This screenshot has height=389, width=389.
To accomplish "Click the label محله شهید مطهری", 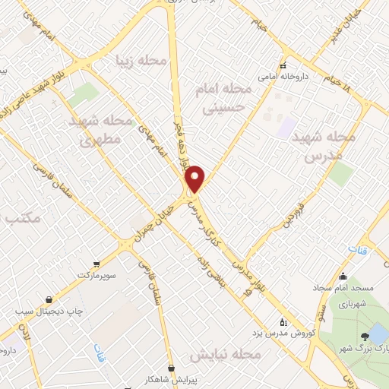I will click(x=101, y=130).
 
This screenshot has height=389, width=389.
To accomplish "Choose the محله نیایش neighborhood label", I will click(x=225, y=355).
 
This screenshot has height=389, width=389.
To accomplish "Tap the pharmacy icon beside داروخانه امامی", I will click(x=283, y=66).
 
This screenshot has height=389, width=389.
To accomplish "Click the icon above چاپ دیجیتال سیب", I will click(x=49, y=299).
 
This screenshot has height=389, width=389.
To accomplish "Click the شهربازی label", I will click(x=345, y=304).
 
